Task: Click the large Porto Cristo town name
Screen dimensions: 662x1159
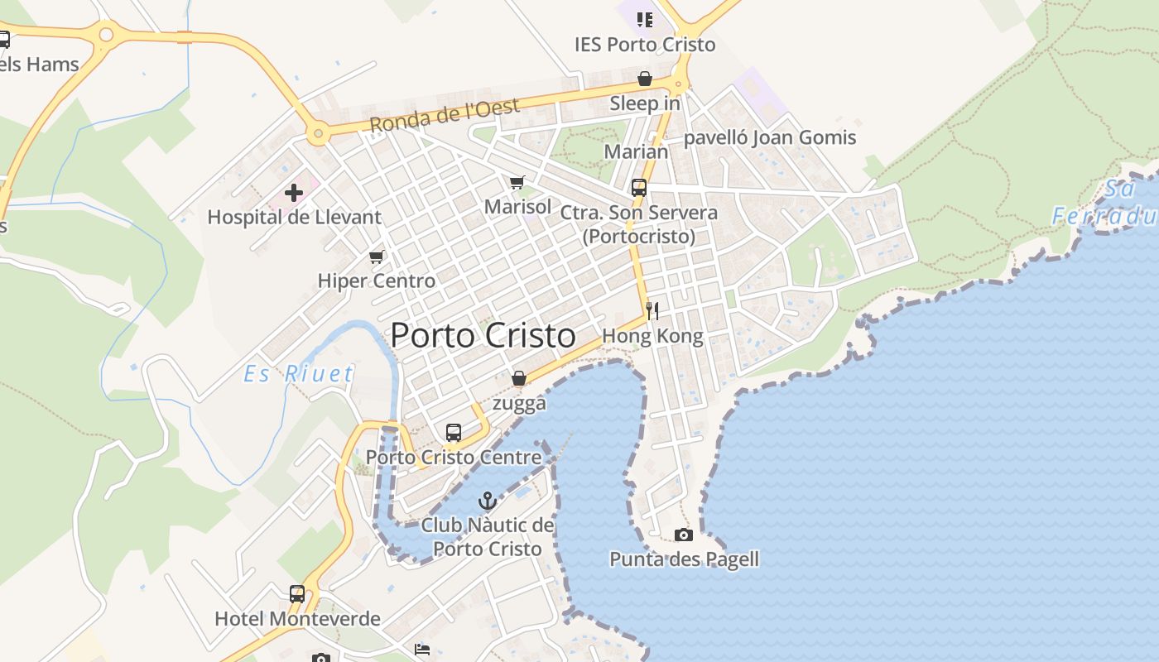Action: (483, 335)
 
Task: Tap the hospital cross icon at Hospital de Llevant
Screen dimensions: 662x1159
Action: (294, 194)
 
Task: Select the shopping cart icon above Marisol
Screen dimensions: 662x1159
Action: (517, 182)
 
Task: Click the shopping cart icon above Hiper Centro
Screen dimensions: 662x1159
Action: (377, 257)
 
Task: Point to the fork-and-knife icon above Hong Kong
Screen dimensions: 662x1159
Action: (652, 311)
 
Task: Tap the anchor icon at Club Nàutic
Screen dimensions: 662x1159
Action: (488, 501)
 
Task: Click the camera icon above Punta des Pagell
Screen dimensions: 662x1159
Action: (684, 535)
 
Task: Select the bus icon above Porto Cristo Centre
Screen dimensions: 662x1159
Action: (454, 432)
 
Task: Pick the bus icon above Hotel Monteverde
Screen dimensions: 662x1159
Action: (297, 593)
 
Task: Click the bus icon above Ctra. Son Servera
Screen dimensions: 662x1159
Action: (639, 188)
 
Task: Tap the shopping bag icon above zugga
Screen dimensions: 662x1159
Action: (519, 379)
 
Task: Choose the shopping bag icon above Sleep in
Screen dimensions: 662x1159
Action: (645, 79)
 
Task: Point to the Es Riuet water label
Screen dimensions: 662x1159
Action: (299, 374)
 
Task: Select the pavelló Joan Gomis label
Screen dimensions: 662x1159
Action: (769, 137)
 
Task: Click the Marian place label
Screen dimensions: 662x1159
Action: (636, 151)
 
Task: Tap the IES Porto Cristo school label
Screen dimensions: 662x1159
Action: (645, 44)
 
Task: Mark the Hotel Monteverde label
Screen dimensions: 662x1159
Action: (297, 618)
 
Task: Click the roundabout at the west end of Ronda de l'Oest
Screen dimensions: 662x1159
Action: (317, 132)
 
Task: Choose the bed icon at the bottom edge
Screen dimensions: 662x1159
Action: (422, 650)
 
